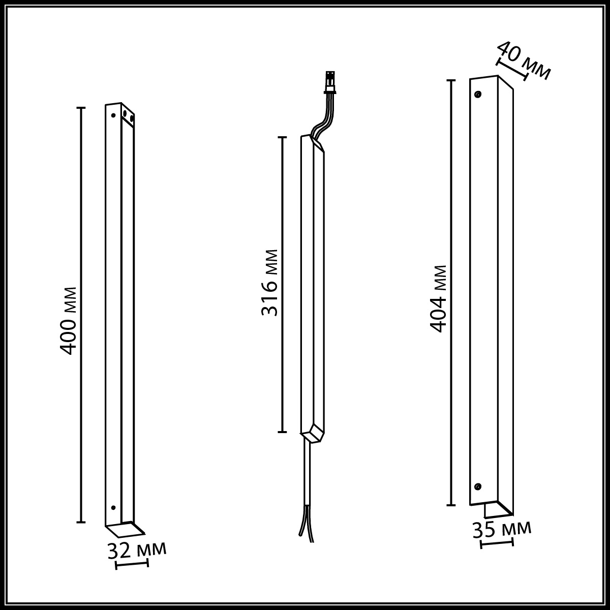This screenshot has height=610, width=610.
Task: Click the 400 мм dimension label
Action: (68, 321)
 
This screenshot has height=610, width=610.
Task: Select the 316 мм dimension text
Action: (269, 283)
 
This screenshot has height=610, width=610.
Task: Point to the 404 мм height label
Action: (438, 298)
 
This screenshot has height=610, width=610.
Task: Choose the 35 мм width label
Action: (502, 530)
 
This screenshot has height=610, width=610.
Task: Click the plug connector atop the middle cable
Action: (330, 83)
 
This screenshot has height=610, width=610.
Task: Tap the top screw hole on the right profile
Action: (478, 94)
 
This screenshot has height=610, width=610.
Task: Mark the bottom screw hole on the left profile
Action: (113, 508)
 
